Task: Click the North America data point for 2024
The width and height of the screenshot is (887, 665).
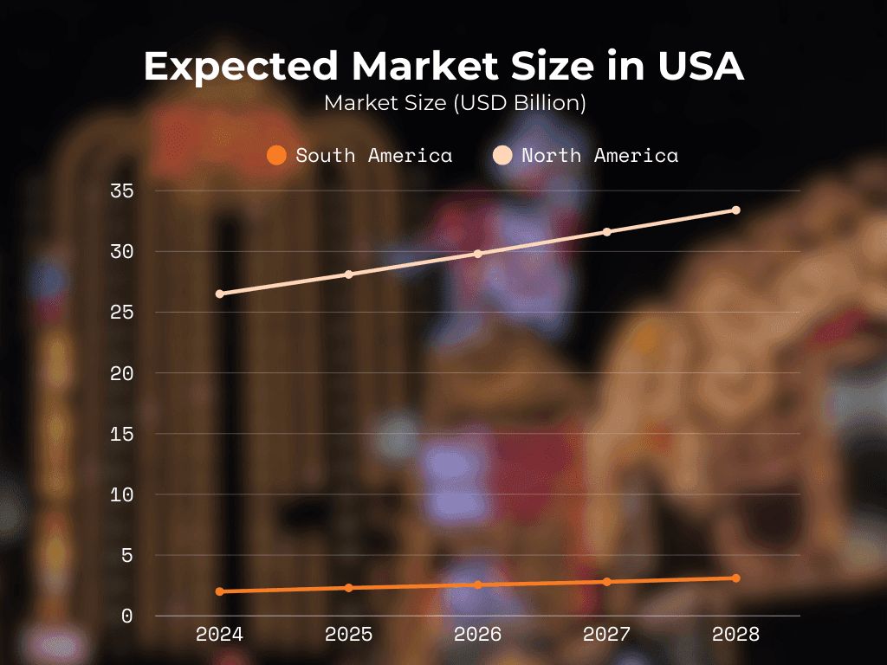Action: click(x=220, y=294)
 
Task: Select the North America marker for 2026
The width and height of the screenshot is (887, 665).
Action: click(x=477, y=254)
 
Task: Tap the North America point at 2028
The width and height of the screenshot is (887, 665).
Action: click(x=735, y=210)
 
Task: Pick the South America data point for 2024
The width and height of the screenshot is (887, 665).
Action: click(x=220, y=591)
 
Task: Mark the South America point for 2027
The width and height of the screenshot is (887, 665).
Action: click(x=606, y=582)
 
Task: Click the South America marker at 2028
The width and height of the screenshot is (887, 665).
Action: click(x=735, y=578)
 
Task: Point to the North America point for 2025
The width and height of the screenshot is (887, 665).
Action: click(x=349, y=274)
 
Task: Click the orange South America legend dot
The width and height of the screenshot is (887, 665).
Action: click(x=276, y=156)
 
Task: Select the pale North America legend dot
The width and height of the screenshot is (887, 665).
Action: click(x=502, y=156)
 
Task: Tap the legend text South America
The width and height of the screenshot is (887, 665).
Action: click(x=374, y=156)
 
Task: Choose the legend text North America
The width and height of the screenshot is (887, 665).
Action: click(x=599, y=156)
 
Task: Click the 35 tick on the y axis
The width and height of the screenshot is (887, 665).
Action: click(x=121, y=190)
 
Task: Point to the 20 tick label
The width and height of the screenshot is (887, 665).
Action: click(x=121, y=373)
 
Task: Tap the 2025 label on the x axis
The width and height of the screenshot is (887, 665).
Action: click(x=349, y=635)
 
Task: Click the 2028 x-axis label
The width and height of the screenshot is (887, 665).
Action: click(x=735, y=635)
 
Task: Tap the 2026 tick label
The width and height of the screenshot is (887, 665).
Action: click(x=477, y=635)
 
